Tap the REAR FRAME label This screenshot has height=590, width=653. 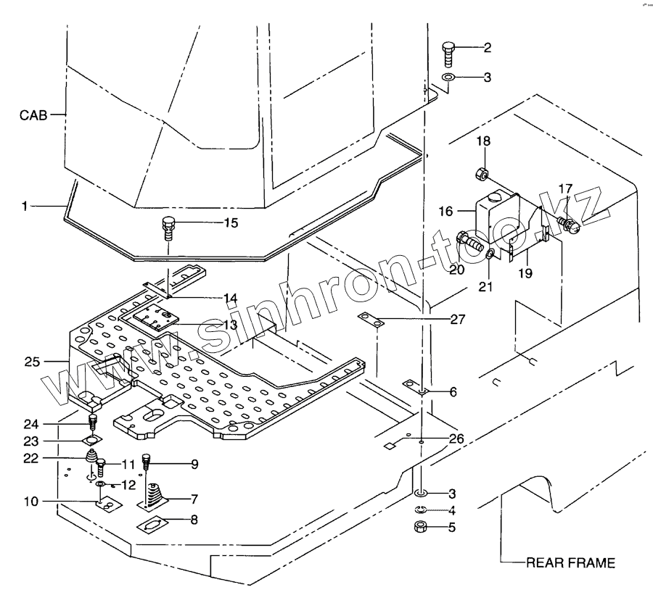(570, 562)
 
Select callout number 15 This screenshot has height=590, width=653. (230, 223)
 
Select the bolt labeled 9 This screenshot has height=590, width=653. (147, 460)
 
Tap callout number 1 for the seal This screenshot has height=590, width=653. (25, 206)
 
